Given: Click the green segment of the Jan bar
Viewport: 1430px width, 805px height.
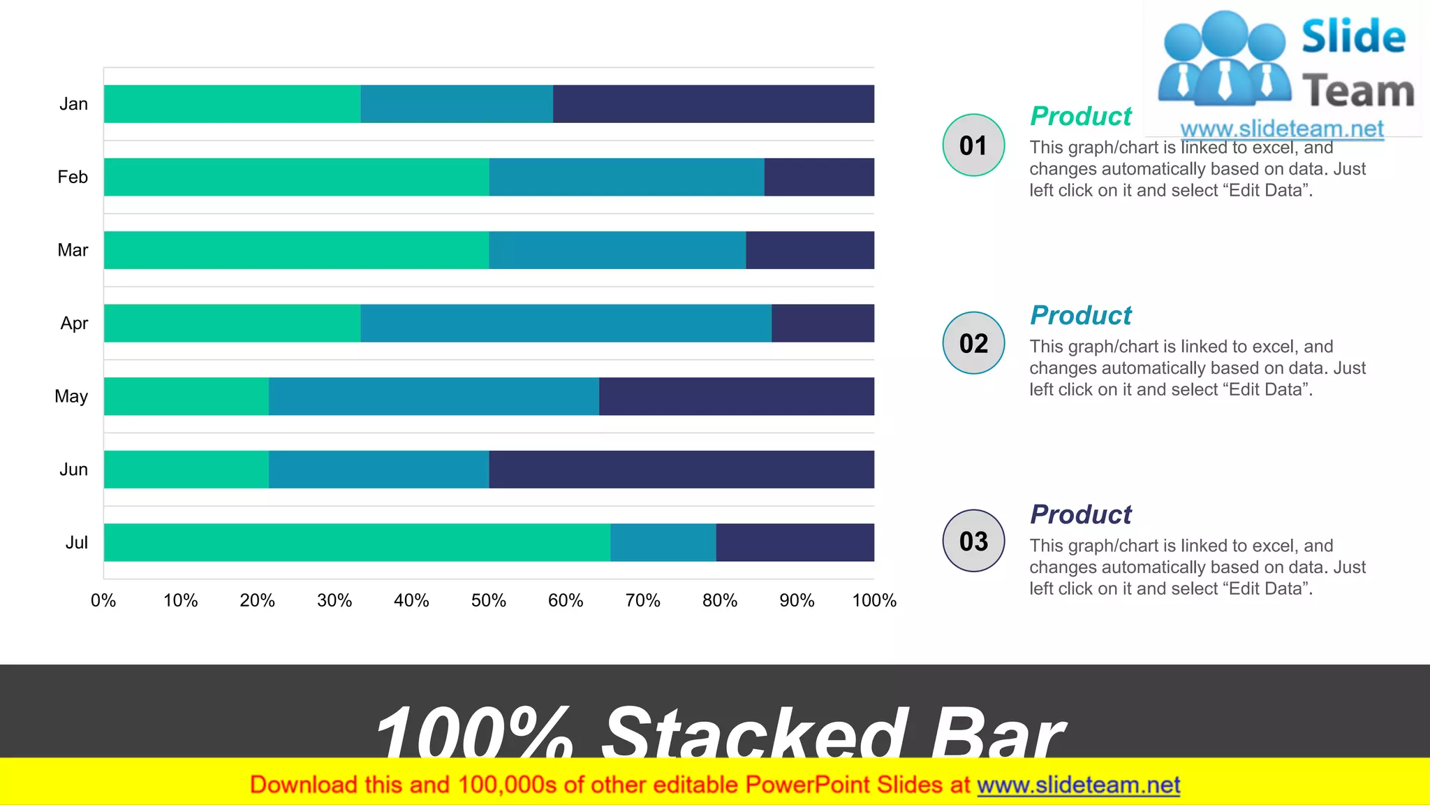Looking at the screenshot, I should pyautogui.click(x=232, y=104).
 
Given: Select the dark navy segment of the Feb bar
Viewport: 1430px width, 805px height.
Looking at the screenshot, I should pyautogui.click(x=818, y=177).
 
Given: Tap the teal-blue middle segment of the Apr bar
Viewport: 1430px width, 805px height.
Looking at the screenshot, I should pyautogui.click(x=566, y=323).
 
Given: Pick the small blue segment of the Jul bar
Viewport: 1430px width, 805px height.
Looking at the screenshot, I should pyautogui.click(x=663, y=542).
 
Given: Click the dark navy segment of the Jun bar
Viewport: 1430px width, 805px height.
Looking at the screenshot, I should pyautogui.click(x=681, y=469).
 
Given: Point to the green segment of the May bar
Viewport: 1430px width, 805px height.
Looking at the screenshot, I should pyautogui.click(x=186, y=396).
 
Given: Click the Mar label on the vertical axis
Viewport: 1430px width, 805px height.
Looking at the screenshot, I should pyautogui.click(x=73, y=250).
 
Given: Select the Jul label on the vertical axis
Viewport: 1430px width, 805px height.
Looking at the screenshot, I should pyautogui.click(x=77, y=542).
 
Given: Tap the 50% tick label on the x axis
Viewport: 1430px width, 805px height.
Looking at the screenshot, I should pyautogui.click(x=488, y=600).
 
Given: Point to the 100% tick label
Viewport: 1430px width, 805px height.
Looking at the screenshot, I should pyautogui.click(x=874, y=600).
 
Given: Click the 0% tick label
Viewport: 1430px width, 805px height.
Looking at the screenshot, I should pyautogui.click(x=103, y=600).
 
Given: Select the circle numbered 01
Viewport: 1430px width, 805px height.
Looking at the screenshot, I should pyautogui.click(x=973, y=145).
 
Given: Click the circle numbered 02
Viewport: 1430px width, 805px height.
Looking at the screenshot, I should pyautogui.click(x=973, y=343).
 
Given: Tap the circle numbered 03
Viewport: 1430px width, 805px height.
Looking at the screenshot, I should pyautogui.click(x=973, y=541).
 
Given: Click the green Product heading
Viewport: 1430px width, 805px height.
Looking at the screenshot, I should pyautogui.click(x=1080, y=116).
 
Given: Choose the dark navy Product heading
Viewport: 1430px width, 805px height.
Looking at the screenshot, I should pyautogui.click(x=1080, y=514).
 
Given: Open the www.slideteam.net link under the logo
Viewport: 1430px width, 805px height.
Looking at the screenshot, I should pyautogui.click(x=1281, y=129).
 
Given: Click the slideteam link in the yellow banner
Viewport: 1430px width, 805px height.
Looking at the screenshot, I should pyautogui.click(x=1078, y=785).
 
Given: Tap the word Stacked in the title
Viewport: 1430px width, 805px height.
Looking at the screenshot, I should pyautogui.click(x=754, y=734).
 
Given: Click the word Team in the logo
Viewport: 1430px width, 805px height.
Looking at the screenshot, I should pyautogui.click(x=1357, y=91).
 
